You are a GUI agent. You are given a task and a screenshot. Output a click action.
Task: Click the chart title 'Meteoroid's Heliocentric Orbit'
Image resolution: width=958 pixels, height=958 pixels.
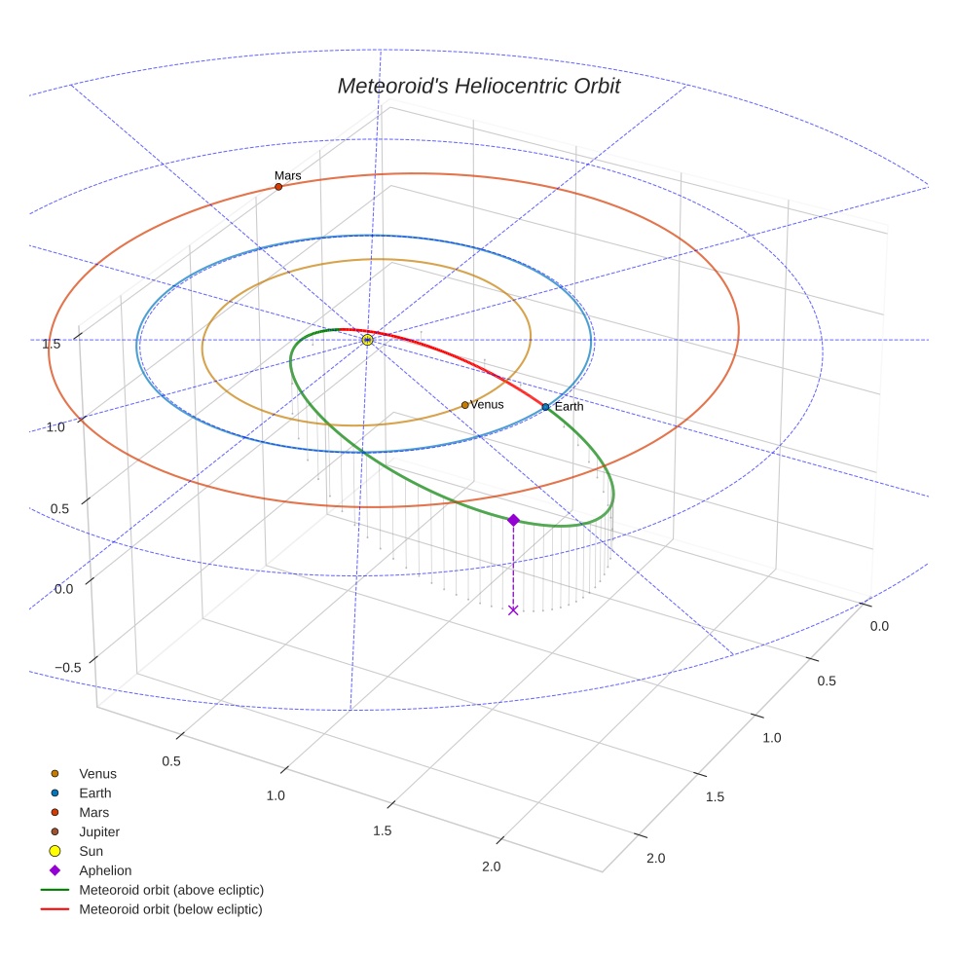pyautogui.click(x=478, y=86)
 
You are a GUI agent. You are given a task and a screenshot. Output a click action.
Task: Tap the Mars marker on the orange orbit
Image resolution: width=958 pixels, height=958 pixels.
pyautogui.click(x=278, y=187)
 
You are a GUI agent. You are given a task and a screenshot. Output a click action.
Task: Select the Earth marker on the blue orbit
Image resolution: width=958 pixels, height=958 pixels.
pyautogui.click(x=545, y=407)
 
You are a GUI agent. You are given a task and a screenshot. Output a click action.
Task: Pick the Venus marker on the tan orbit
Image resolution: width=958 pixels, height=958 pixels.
pyautogui.click(x=465, y=405)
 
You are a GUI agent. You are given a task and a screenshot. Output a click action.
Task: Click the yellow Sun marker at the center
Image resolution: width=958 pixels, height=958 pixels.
pyautogui.click(x=367, y=340)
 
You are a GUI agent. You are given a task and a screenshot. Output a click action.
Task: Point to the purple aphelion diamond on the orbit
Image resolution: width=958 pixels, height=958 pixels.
pyautogui.click(x=513, y=520)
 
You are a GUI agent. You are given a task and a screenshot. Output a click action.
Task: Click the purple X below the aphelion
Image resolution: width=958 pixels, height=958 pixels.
pyautogui.click(x=513, y=610)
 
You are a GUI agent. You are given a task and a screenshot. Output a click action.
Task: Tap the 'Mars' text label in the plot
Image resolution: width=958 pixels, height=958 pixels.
pyautogui.click(x=287, y=175)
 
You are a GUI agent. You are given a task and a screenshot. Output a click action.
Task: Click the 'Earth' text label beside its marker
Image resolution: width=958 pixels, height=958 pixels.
pyautogui.click(x=569, y=406)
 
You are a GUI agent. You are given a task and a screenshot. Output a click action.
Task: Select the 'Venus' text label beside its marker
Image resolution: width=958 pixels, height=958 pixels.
pyautogui.click(x=487, y=404)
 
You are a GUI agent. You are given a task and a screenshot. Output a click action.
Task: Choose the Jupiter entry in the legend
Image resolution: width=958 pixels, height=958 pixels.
pyautogui.click(x=99, y=831)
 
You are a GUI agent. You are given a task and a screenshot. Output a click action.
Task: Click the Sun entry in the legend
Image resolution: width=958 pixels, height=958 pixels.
pyautogui.click(x=92, y=851)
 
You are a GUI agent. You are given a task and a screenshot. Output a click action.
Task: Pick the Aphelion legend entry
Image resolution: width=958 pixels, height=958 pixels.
pyautogui.click(x=105, y=870)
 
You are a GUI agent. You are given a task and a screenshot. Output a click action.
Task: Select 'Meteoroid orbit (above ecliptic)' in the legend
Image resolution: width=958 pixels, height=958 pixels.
pyautogui.click(x=171, y=890)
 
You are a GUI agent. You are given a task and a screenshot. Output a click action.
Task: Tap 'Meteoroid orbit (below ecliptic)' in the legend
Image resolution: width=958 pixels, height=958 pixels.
pyautogui.click(x=170, y=909)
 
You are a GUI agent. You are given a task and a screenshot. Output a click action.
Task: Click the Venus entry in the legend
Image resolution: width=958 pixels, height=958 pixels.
pyautogui.click(x=97, y=773)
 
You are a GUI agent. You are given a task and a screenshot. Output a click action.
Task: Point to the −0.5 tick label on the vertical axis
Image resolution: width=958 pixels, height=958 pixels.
pyautogui.click(x=66, y=667)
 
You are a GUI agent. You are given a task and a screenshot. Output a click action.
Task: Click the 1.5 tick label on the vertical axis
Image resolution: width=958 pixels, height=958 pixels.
pyautogui.click(x=52, y=343)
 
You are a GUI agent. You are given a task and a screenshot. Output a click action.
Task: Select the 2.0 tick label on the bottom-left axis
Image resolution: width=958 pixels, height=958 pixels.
pyautogui.click(x=491, y=867)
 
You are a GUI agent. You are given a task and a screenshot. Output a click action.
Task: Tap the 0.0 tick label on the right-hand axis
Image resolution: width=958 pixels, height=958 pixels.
pyautogui.click(x=878, y=626)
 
